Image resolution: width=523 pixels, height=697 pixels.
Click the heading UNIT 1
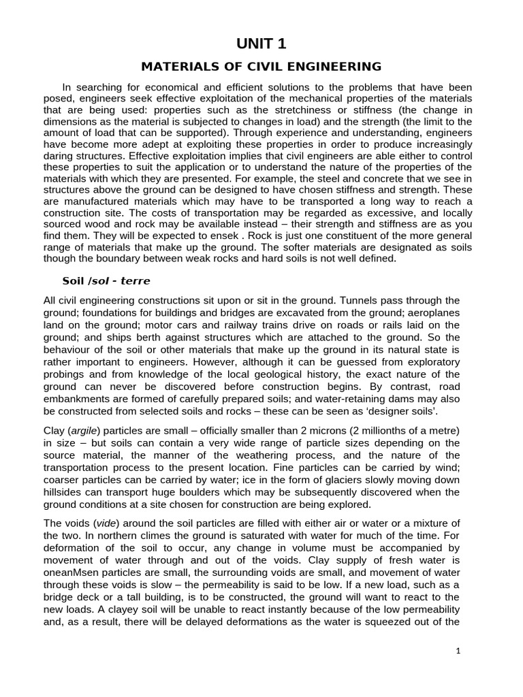pos(261,44)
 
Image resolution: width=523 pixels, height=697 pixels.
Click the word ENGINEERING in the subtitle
pos(333,67)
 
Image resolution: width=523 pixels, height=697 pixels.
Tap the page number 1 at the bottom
pos(458,651)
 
